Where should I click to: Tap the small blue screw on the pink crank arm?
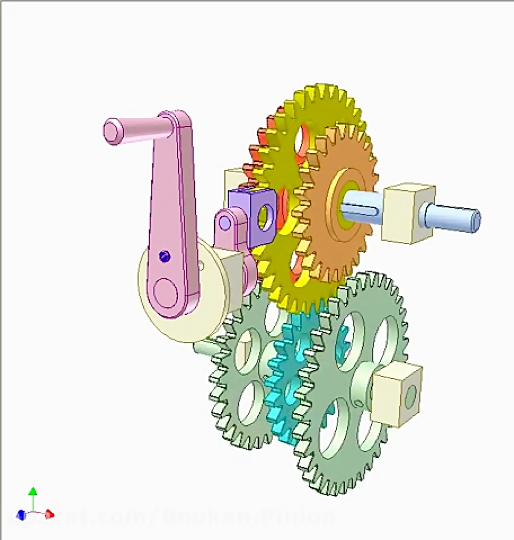[164, 256]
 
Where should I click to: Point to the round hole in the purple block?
[264, 217]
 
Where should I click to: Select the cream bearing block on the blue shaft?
[408, 212]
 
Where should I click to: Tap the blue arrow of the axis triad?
[21, 515]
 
